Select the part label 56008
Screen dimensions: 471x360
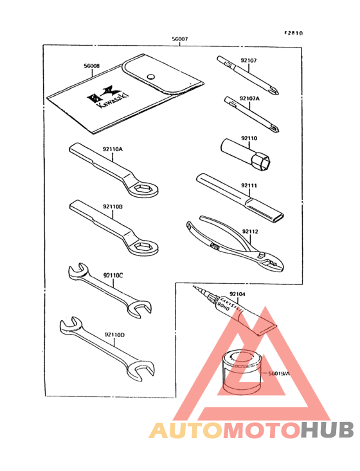pos(92,65)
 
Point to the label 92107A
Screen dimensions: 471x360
pos(250,98)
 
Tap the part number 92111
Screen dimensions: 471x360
pos(249,186)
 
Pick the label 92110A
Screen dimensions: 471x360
pos(112,149)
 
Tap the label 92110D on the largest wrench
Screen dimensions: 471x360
pos(113,334)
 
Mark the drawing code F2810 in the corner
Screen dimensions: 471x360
pos(295,33)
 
